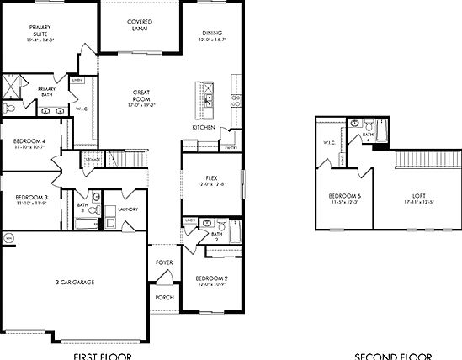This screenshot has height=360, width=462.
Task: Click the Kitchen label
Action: click(204, 127)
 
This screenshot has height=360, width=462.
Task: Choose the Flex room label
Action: click(212, 178)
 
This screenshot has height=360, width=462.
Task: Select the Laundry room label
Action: click(128, 209)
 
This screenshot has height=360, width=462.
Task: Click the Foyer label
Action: click(165, 262)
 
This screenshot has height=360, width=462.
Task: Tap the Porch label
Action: click(165, 297)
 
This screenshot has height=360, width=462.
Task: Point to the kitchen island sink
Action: click(207, 99)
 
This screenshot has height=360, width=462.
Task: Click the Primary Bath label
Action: click(46, 92)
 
